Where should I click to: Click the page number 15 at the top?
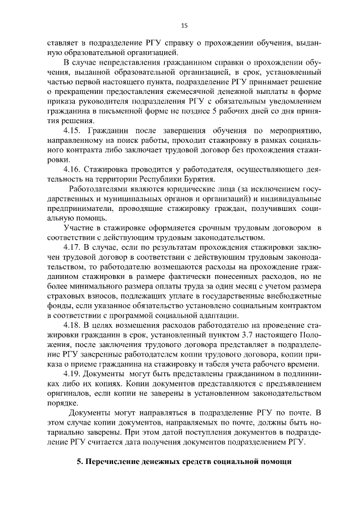click(184, 25)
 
